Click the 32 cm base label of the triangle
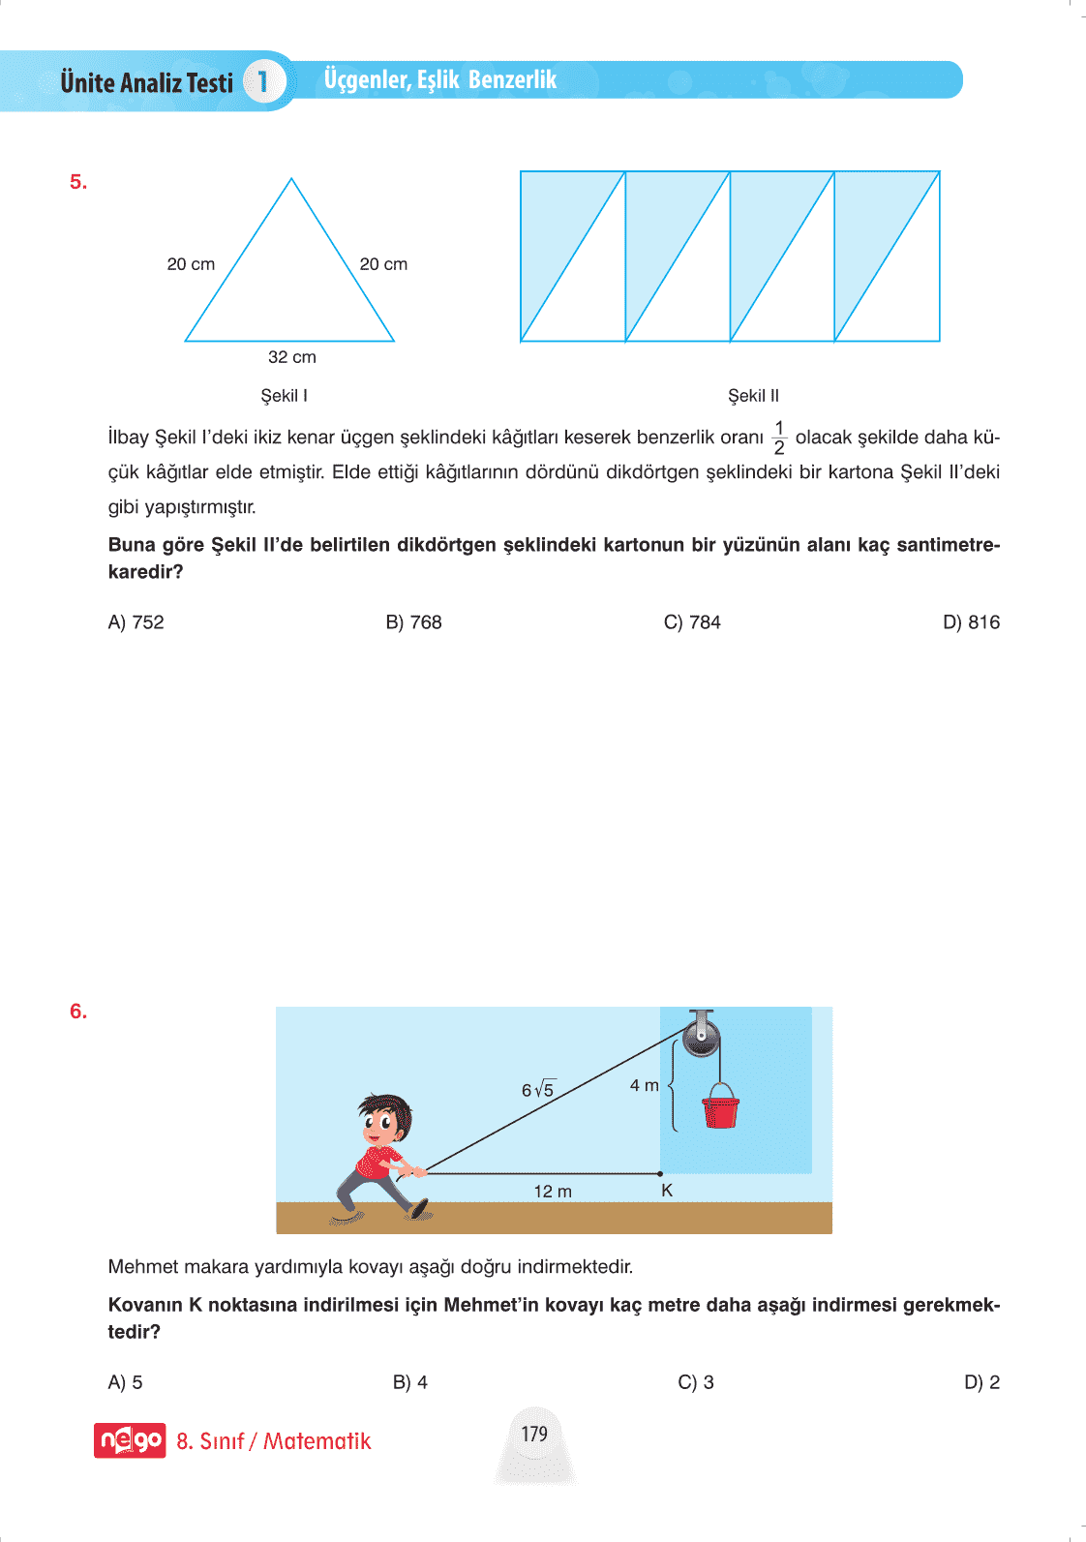tap(292, 357)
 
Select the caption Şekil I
tap(285, 396)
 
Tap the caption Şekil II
tap(753, 396)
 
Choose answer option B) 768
tap(413, 622)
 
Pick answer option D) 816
tap(971, 622)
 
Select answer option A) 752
tap(136, 622)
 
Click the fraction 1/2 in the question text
tap(779, 438)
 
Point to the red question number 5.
tap(78, 182)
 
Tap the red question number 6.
tap(78, 1012)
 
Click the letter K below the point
tap(667, 1191)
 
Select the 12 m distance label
tap(553, 1192)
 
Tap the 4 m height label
tap(644, 1086)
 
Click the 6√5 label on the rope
tap(538, 1090)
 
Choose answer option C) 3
tap(696, 1382)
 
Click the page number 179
tap(534, 1434)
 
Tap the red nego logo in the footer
tap(130, 1440)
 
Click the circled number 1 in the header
tap(262, 81)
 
